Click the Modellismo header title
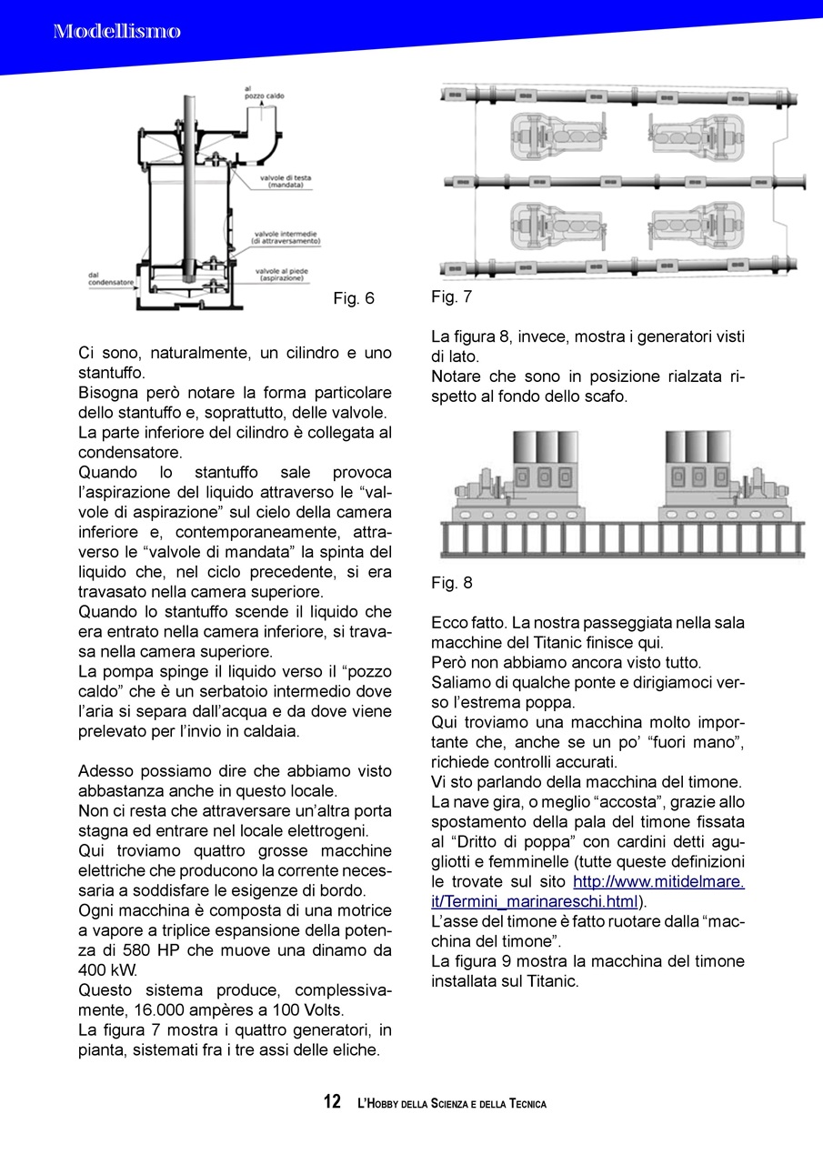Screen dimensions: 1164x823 tap(116, 32)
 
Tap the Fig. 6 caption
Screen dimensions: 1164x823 tap(354, 298)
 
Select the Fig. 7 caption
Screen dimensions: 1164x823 tap(452, 296)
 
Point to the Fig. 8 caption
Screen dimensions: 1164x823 tap(452, 583)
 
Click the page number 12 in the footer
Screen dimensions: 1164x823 tap(332, 1102)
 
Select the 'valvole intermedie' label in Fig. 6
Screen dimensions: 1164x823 tap(286, 237)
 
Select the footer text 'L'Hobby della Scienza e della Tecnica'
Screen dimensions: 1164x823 tap(452, 1103)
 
